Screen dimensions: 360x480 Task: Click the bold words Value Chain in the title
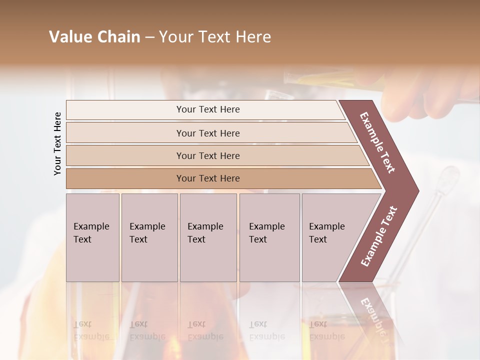click(94, 37)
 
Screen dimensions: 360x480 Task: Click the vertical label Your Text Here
click(57, 143)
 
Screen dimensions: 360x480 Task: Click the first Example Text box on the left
click(92, 237)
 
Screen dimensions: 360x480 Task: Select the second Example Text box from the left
click(149, 237)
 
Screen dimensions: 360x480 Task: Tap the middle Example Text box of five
click(208, 237)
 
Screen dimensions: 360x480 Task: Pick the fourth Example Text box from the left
click(269, 237)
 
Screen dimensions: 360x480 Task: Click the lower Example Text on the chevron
click(379, 236)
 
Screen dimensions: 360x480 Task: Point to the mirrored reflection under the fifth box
click(327, 330)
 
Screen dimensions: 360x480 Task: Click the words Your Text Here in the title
click(215, 37)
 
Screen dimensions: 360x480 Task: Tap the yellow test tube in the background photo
click(330, 80)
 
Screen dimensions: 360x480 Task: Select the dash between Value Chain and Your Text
click(149, 37)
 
